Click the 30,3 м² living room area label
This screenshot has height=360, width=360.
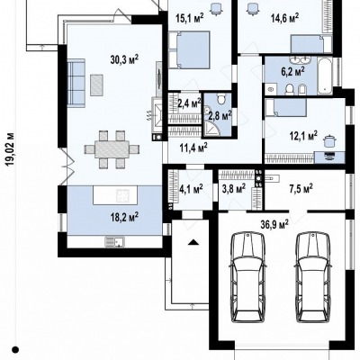click(124, 59)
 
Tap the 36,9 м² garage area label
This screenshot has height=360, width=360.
click(274, 224)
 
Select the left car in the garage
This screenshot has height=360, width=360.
click(247, 277)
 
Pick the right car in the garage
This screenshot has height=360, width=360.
click(313, 277)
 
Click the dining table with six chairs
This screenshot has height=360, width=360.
click(112, 148)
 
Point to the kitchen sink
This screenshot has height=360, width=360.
click(115, 241)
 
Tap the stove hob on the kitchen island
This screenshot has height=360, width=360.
click(123, 195)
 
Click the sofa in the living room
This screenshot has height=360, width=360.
click(76, 83)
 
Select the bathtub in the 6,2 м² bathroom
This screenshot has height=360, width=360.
click(325, 76)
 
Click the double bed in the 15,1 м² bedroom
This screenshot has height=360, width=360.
click(189, 50)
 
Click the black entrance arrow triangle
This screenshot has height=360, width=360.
click(193, 242)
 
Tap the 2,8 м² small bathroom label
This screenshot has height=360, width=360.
click(220, 115)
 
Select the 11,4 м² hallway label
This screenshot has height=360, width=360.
click(193, 148)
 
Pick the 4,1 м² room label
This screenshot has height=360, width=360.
click(191, 189)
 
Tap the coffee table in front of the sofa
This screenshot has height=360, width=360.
click(96, 85)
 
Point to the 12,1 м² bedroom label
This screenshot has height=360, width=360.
click(303, 136)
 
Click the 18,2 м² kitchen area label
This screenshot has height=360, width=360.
click(124, 216)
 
